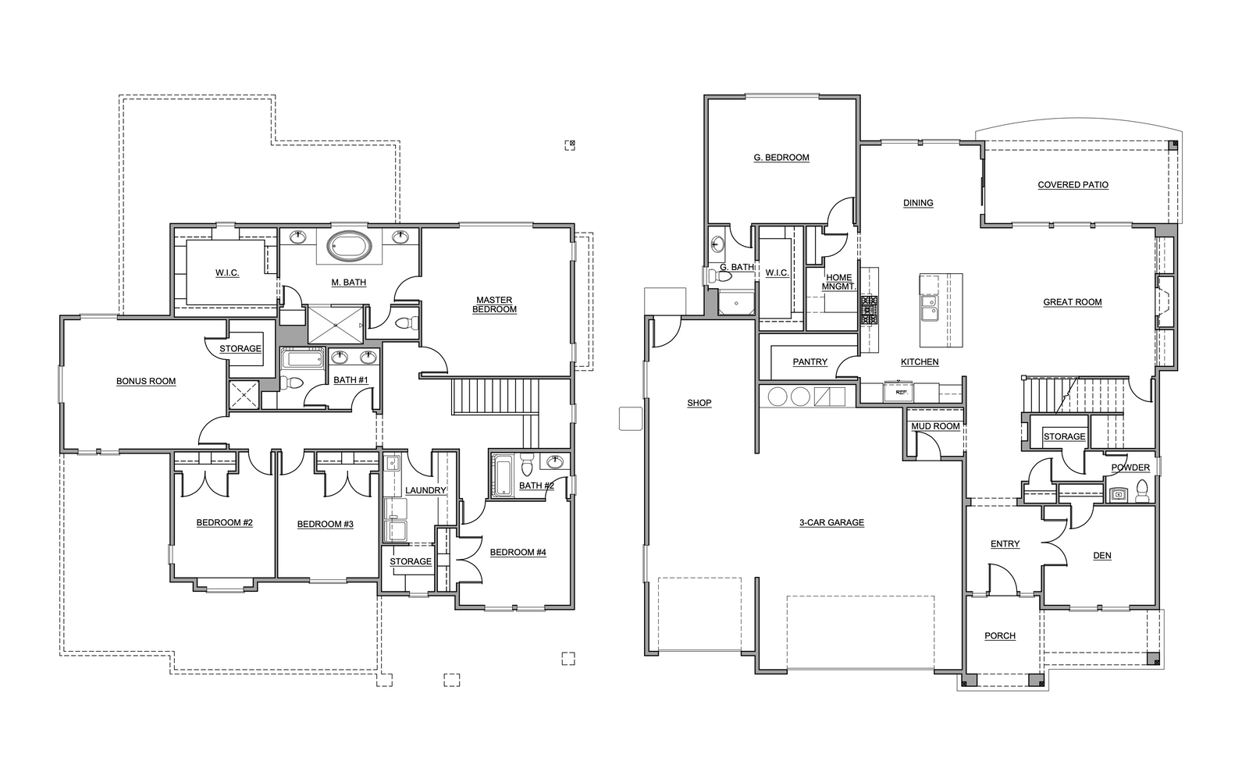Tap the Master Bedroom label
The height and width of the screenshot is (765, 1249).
pos(494,304)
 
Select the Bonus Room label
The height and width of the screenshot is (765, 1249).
pos(146,382)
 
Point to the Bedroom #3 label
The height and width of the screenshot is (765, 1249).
pos(325,524)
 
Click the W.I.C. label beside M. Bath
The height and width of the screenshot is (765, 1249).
pos(227,272)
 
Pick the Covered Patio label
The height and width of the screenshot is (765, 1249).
pos(1073,184)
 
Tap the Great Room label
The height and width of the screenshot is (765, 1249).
pos(1073,302)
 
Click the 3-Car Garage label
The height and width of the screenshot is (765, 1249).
pos(831,522)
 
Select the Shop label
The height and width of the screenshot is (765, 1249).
pos(699,403)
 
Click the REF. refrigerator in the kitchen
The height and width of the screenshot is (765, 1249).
pos(898,391)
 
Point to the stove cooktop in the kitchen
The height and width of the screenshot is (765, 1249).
pos(869,311)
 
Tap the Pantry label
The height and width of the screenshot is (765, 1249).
pos(810,362)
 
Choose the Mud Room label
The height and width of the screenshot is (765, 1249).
pos(935,426)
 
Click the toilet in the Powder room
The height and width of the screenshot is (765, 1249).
pos(1142,491)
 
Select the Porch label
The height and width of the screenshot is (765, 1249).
pos(1000,635)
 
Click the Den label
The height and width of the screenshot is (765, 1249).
pos(1101,555)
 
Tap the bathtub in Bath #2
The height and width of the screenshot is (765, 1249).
pos(504,475)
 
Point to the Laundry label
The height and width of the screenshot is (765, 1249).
pos(425,490)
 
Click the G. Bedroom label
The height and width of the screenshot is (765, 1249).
pos(781,158)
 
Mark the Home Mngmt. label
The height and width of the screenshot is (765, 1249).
pos(838,282)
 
